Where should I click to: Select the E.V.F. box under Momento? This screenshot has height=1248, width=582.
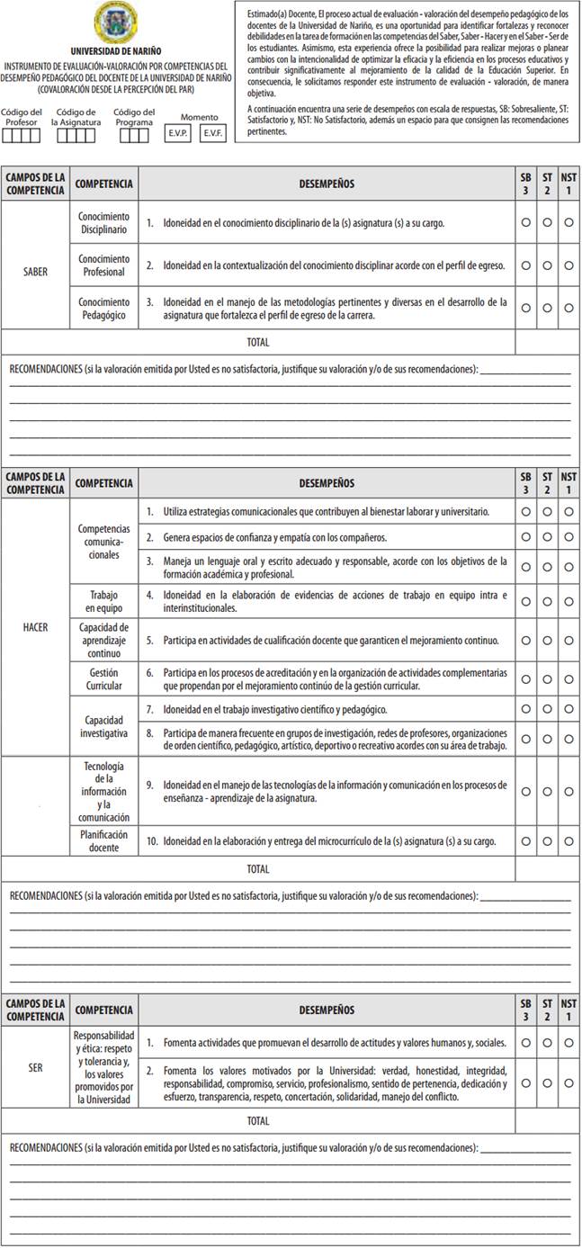213,133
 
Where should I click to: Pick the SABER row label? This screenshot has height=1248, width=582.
35,270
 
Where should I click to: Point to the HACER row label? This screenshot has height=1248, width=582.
35,627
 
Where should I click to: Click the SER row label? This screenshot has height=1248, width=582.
35,1067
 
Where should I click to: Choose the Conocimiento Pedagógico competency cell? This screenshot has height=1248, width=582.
103,309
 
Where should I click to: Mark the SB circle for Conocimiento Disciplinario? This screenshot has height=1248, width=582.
525,222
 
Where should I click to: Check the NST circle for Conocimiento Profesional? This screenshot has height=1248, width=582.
569,265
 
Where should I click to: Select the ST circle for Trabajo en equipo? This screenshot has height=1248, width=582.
547,601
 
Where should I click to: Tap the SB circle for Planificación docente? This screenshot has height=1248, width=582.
525,841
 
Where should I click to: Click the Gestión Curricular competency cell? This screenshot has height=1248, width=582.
103,678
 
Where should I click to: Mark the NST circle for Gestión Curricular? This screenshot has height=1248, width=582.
569,679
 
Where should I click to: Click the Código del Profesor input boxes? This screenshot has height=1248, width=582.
22,136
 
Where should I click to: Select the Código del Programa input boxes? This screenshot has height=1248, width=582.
134,136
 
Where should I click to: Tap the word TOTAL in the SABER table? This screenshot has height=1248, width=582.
258,342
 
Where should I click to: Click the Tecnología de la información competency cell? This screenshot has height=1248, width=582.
103,792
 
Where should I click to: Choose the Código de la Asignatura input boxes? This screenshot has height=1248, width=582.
79,136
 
